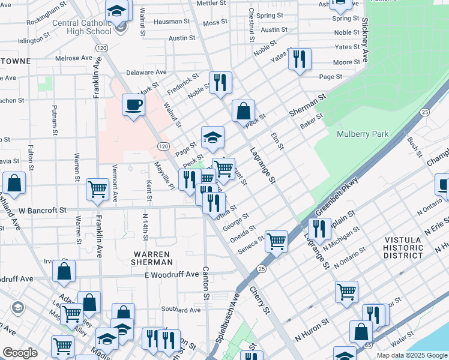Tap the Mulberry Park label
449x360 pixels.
coord(363,134)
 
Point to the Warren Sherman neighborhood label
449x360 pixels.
coord(153,258)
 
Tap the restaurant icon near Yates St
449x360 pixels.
coord(299,59)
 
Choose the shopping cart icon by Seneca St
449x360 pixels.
coord(276,241)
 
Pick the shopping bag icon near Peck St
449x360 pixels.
coord(243,111)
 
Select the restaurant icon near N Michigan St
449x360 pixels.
coord(319,229)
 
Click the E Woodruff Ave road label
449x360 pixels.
coord(171,274)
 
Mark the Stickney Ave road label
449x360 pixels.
coord(364,40)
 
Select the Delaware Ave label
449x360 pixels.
coord(145,72)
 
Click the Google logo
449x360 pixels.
coord(20,353)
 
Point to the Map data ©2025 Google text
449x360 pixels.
coord(411,355)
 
